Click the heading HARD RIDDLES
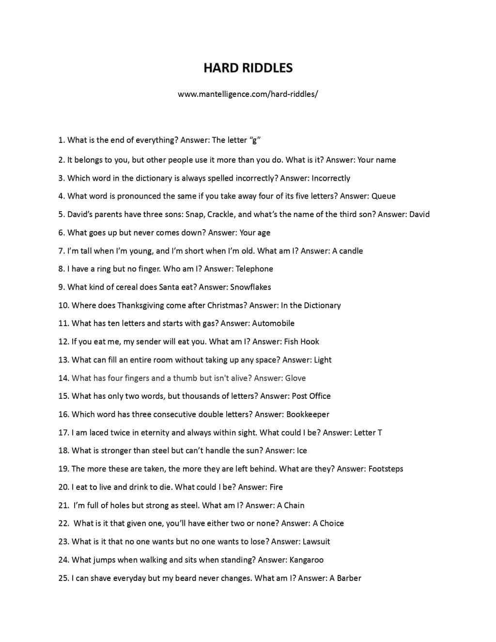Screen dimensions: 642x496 point(248,68)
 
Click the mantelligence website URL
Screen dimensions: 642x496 point(248,94)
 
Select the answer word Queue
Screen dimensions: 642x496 point(383,196)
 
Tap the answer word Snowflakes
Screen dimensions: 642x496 point(250,287)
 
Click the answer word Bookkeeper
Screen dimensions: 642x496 point(308,414)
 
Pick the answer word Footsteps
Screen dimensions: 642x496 point(386,469)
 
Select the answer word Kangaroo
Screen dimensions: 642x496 point(306,560)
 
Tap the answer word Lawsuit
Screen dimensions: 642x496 point(316,542)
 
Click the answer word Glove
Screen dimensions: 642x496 point(295,378)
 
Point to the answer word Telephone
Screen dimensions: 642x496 point(254,269)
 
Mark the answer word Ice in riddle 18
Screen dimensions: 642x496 point(302,451)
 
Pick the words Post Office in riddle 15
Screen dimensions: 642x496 point(311,396)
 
